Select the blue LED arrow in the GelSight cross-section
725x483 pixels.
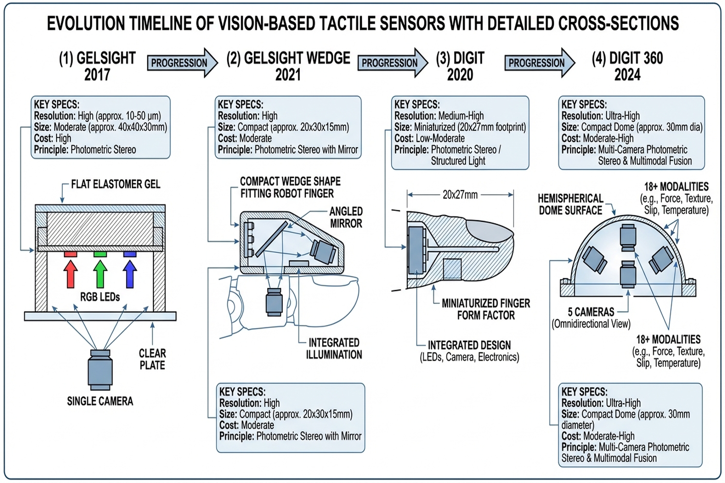pos(130,274)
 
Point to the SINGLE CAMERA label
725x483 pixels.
pos(100,401)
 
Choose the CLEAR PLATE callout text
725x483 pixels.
pos(152,359)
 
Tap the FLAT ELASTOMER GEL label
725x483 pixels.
pos(116,184)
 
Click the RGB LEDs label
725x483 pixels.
pos(100,297)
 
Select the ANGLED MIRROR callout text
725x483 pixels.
pos(346,217)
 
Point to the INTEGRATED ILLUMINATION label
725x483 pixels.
pos(334,349)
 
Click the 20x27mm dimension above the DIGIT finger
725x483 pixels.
pos(460,195)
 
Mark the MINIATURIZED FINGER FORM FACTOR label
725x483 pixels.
pos(486,309)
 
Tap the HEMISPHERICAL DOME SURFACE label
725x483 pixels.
pos(570,204)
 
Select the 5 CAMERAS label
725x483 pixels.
pos(591,312)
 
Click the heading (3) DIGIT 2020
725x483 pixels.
pos(460,66)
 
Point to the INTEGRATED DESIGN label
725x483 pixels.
pos(469,345)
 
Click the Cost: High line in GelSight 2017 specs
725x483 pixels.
pos(52,139)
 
